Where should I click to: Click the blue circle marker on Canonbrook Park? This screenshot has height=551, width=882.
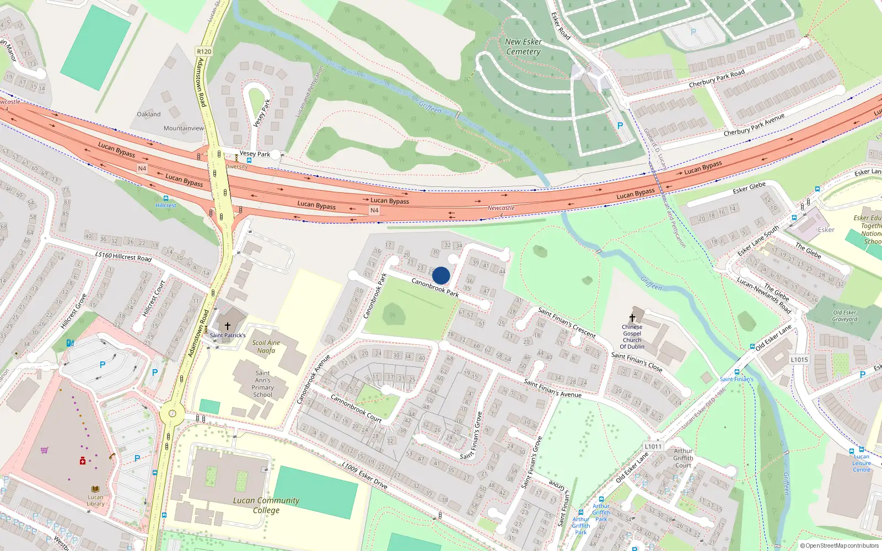(x=441, y=275)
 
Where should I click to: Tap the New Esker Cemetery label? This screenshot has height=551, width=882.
(x=523, y=47)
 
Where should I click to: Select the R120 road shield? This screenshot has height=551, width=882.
(x=204, y=51)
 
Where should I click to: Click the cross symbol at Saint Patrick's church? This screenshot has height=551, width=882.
(x=227, y=326)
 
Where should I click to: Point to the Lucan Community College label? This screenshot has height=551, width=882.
(x=266, y=505)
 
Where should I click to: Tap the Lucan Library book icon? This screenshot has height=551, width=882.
(x=95, y=489)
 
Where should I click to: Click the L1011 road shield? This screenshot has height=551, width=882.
(x=653, y=446)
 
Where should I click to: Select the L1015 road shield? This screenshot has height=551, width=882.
(x=799, y=360)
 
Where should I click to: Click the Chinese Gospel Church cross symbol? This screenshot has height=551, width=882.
(x=632, y=318)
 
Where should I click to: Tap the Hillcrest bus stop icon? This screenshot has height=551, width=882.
(x=165, y=198)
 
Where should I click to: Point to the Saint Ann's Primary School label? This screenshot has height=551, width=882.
(x=263, y=383)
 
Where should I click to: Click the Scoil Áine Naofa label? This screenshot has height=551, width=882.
(x=266, y=347)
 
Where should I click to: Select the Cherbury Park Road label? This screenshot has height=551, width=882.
(x=717, y=78)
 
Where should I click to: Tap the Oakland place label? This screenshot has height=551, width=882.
(x=149, y=114)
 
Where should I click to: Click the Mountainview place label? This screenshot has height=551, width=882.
(x=184, y=128)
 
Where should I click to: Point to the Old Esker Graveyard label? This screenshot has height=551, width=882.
(x=845, y=316)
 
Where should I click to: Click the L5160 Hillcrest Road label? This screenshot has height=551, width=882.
(x=123, y=257)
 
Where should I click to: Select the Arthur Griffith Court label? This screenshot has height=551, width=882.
(x=683, y=458)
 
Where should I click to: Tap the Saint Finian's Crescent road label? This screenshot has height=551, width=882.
(x=567, y=322)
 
